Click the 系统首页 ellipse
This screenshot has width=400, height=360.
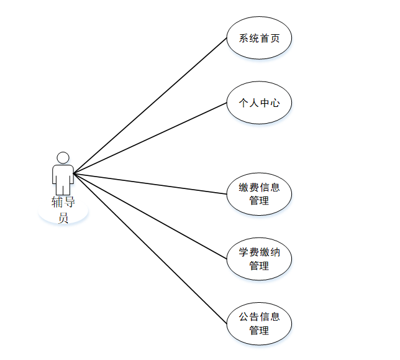259,39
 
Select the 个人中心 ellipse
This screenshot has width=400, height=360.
259,103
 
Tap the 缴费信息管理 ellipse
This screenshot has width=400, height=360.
259,194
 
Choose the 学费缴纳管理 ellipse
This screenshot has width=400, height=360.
259,259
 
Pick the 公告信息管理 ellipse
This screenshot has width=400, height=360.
259,323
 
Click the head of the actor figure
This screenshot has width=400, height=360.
63,157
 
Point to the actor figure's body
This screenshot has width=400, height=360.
63,177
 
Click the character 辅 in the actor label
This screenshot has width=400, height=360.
57,202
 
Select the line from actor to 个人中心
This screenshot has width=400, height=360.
149,138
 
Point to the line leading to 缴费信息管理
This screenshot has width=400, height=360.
149,183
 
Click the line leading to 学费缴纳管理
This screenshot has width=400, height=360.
149,215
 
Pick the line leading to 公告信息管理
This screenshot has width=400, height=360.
149,248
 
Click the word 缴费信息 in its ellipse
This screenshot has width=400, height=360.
259,187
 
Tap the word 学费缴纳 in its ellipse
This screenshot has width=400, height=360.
259,252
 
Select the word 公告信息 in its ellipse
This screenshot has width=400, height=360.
259,316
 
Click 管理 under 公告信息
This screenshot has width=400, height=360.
259,330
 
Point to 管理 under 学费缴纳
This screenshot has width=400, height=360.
259,265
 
